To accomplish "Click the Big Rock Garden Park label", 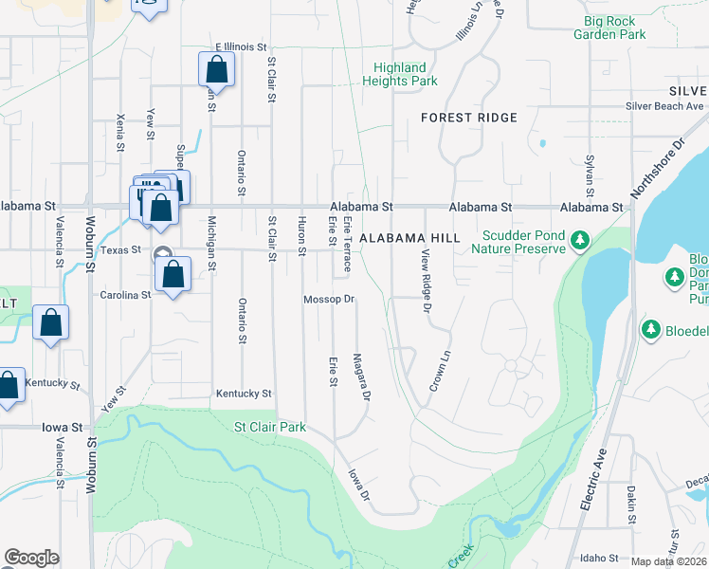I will tap(609, 27).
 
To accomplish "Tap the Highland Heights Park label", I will tap(399, 74).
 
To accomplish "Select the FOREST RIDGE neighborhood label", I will tap(469, 118).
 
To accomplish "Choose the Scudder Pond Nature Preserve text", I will tap(523, 242).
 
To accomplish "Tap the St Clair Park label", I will tap(270, 428).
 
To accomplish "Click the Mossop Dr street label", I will tap(328, 300).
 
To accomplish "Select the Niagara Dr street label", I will tap(359, 377).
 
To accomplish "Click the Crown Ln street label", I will tap(438, 373).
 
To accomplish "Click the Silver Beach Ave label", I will tap(664, 106).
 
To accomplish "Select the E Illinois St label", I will tap(244, 46).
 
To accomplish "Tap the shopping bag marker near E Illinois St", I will tap(216, 69).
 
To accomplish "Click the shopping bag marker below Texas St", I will tap(173, 275).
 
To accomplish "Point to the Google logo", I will tap(32, 558).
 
